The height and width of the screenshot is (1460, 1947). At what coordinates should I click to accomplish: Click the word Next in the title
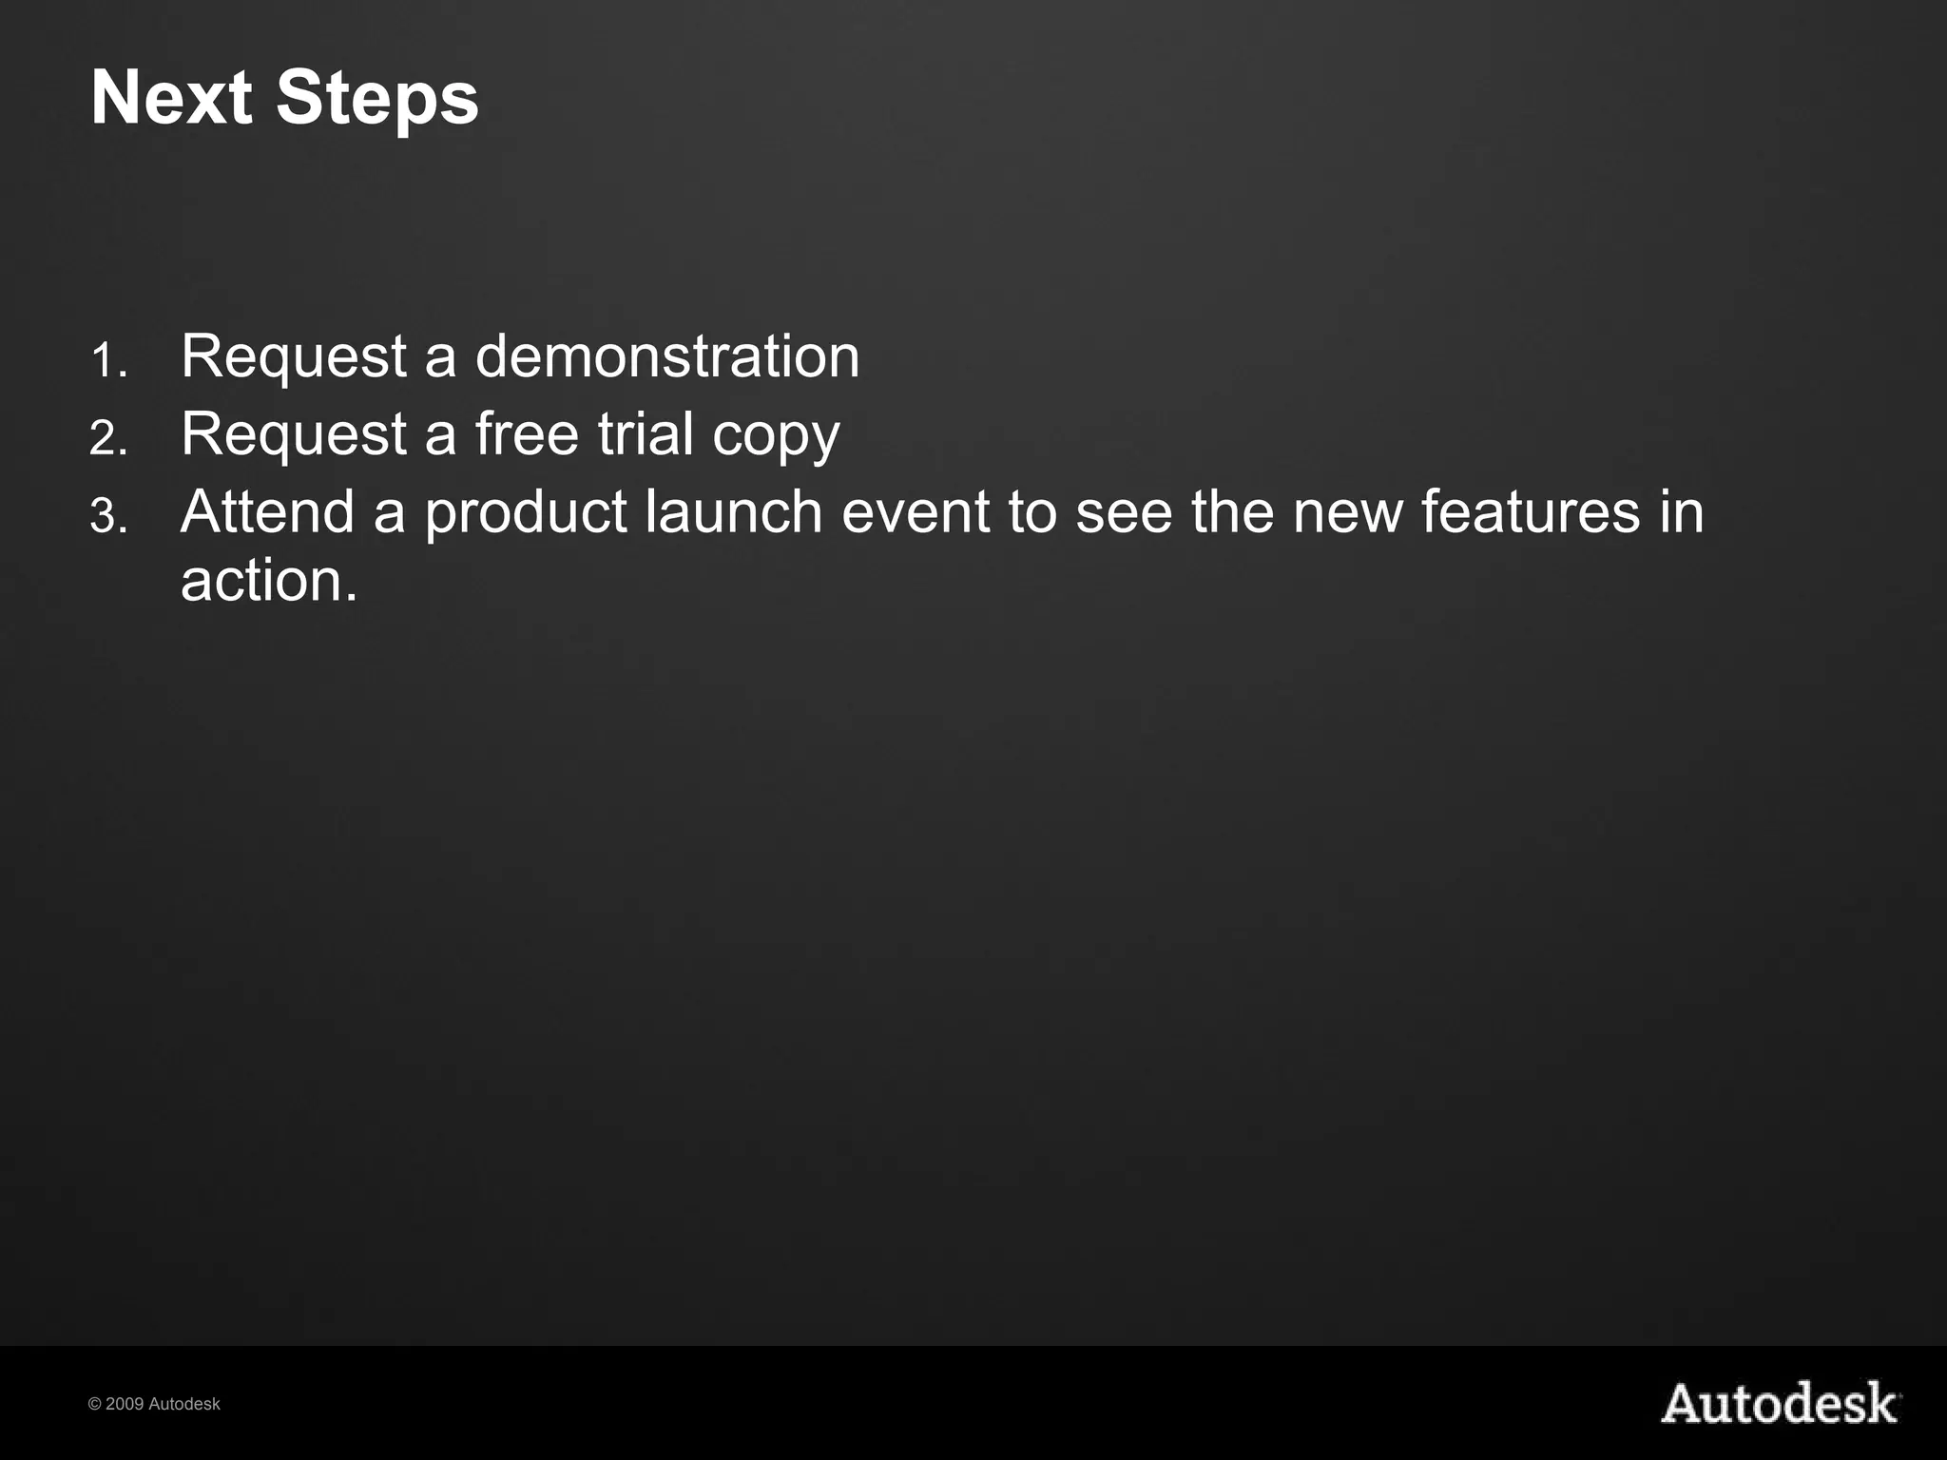[171, 98]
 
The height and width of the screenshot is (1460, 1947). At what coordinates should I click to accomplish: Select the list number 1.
[108, 362]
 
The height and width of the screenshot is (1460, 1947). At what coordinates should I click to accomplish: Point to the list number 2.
[108, 439]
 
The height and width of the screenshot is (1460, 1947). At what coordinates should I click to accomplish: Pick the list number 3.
[108, 517]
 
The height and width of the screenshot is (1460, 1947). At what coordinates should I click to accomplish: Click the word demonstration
[666, 356]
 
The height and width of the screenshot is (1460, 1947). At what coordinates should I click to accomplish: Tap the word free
[527, 434]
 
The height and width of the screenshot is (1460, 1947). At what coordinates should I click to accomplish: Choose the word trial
[646, 434]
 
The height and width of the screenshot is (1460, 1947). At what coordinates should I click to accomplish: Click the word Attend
[267, 511]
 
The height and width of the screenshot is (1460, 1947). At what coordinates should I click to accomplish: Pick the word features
[1531, 511]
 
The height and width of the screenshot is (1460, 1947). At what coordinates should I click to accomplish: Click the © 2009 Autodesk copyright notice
[154, 1404]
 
